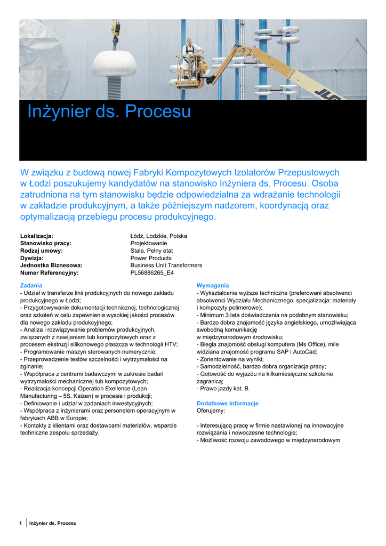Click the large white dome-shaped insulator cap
114,64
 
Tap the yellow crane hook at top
115,30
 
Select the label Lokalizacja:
37,236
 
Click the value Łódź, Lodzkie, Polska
158,236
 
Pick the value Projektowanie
149,243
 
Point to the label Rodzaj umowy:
42,251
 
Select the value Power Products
151,258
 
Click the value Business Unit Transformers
166,265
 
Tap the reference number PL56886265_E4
152,272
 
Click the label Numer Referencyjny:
49,272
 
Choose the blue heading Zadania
31,286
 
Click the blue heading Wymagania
213,286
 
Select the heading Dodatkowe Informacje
228,404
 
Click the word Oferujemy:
211,411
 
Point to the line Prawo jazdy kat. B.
224,389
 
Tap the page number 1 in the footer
21,523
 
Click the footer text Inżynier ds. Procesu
53,523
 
